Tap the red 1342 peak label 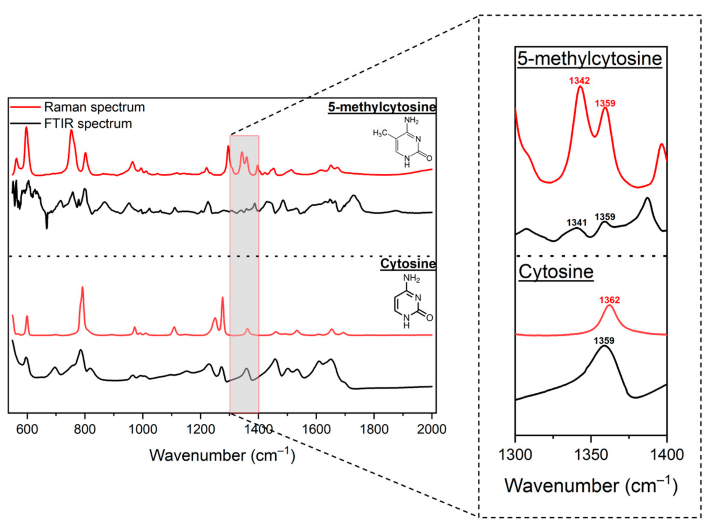tap(579, 80)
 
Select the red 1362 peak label tap(610, 300)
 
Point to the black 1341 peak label tap(577, 222)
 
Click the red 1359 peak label tap(605, 103)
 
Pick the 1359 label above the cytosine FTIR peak tap(604, 341)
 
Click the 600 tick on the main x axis tap(27, 429)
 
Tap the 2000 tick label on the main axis tap(431, 429)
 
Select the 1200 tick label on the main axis tap(200, 429)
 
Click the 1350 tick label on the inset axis tap(591, 455)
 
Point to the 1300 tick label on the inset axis tap(515, 455)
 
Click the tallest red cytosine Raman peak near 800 tap(83, 288)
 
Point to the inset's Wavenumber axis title tap(591, 486)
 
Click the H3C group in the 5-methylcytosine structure tap(380, 133)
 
